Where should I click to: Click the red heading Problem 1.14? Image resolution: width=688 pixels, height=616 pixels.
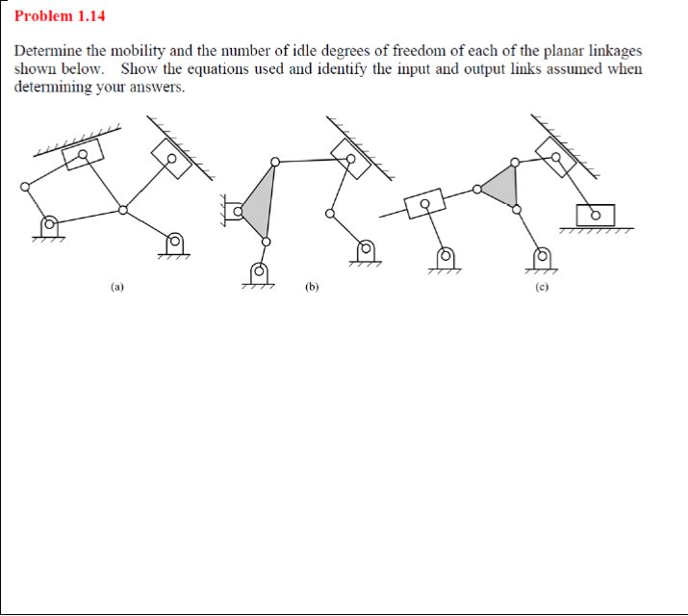coord(60,16)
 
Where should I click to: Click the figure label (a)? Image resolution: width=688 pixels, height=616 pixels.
coord(117,286)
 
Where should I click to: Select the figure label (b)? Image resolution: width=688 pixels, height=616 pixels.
coord(312,286)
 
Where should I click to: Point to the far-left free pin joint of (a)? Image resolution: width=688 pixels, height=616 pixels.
coord(25,188)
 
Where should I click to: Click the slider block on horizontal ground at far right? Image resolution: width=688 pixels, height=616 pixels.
coord(594,216)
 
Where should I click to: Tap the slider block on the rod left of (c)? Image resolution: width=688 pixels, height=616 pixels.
coord(423,205)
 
